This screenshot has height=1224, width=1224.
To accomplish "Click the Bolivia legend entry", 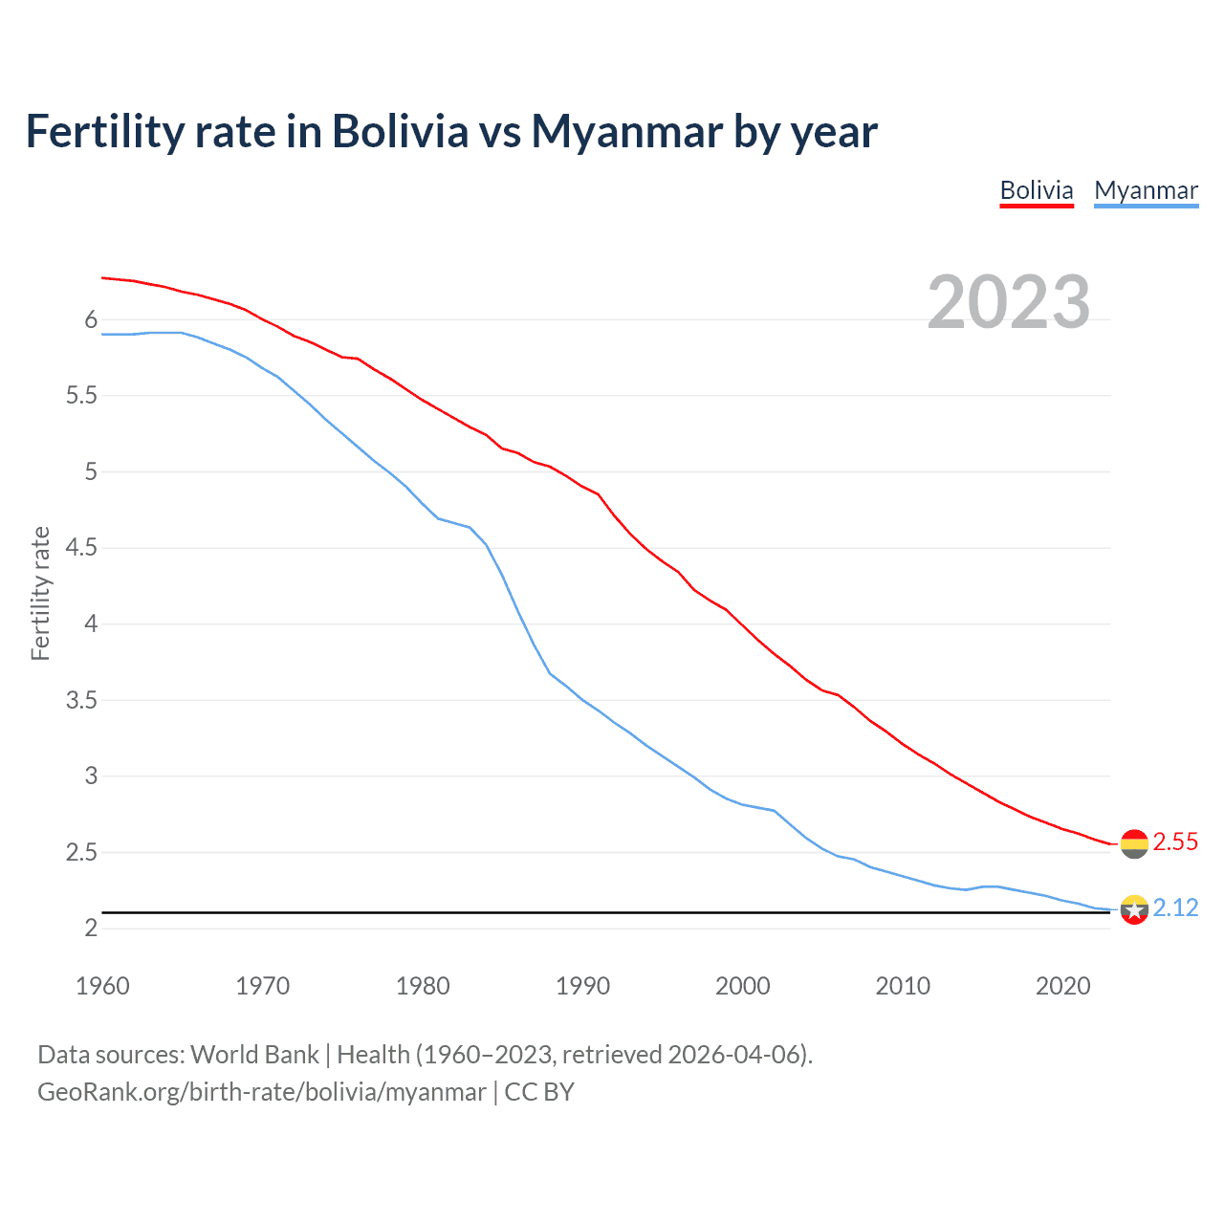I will coord(1037,190).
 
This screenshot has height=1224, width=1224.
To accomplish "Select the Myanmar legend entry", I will coord(1146,190).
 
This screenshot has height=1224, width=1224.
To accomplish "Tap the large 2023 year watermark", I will coord(1009,302).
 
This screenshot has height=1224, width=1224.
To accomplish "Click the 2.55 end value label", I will coord(1175,841).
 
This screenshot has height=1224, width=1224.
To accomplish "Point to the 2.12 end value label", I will coord(1175,907).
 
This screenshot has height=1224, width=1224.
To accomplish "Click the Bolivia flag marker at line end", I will coord(1134,843).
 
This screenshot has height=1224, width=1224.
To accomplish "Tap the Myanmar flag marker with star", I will coord(1134,909).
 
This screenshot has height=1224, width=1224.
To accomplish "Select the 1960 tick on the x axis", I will coord(102,986).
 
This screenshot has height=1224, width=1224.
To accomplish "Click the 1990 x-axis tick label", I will coord(582,986).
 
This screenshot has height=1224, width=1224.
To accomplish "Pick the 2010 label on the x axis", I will coord(903,986).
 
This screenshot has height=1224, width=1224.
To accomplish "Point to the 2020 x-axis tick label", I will coord(1062,986).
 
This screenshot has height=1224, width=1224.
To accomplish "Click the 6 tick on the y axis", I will coord(91,319).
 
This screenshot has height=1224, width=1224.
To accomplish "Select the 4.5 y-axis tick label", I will coord(81,548).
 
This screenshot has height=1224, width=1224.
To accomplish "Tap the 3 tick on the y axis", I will coord(91,776).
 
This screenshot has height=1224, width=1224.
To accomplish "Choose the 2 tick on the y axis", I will coord(91,928).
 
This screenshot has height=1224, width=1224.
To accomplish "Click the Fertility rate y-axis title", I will coord(40,593).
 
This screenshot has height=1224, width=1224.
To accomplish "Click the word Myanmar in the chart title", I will coord(626,132).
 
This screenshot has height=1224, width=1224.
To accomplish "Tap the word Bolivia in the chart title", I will coord(400,132).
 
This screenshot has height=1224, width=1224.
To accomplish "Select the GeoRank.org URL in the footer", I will coord(261,1092).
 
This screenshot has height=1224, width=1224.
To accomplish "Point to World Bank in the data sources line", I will coord(254,1055).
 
